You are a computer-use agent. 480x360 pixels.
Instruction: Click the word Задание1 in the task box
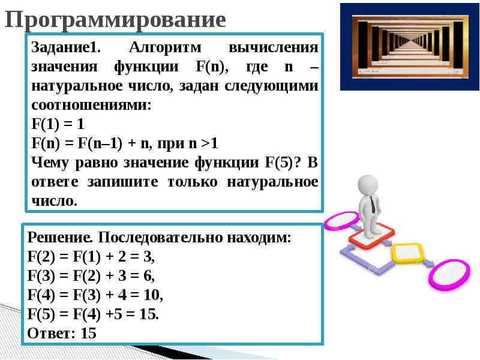coord(65,47)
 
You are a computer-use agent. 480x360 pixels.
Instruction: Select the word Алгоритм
coord(165,47)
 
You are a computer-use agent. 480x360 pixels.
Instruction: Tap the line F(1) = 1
coord(58,124)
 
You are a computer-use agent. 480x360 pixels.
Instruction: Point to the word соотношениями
coord(92,105)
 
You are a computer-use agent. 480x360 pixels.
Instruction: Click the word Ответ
coord(51,333)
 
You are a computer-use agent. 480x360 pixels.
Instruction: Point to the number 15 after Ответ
coord(88,333)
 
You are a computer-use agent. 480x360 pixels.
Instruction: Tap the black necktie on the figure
coord(373,204)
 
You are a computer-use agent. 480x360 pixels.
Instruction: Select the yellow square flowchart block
coord(407,253)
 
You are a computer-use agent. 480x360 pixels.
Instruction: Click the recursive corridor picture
coord(410,47)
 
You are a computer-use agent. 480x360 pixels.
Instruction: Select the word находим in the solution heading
coord(259,237)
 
